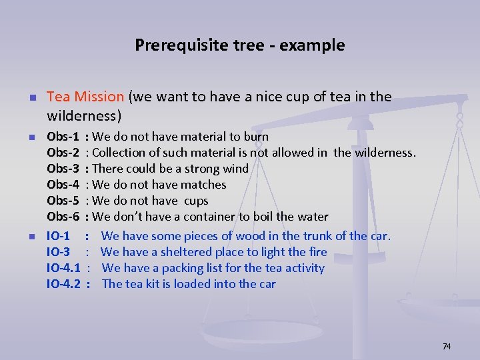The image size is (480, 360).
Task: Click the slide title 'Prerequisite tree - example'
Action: [x=240, y=45]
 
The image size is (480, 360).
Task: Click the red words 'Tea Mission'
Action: [x=85, y=97]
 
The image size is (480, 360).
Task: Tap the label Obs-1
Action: [x=63, y=137]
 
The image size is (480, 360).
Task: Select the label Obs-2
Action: [x=63, y=153]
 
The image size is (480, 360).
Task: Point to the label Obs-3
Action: [x=63, y=169]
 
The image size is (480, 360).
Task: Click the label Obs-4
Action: [x=63, y=185]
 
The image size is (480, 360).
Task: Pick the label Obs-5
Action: [x=63, y=201]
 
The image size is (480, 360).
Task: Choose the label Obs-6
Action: [x=63, y=217]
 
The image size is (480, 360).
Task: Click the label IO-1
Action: [x=59, y=236]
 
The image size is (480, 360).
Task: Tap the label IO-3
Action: [x=59, y=252]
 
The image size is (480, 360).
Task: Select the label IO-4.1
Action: [x=63, y=268]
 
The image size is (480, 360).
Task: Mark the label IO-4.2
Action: [x=63, y=284]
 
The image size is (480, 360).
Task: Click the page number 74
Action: [x=447, y=346]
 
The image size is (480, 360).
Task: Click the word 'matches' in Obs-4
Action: [x=205, y=185]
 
